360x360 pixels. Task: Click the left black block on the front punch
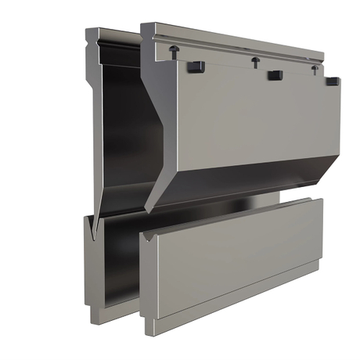coord(196,67)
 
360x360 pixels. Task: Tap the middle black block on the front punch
coord(275,76)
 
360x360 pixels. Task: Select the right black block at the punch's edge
coord(333,81)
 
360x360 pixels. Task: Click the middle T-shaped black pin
coord(255,60)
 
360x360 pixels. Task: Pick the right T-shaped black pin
coord(315,69)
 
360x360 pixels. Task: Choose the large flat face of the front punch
coord(250,117)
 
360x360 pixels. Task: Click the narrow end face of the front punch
coord(152,117)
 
